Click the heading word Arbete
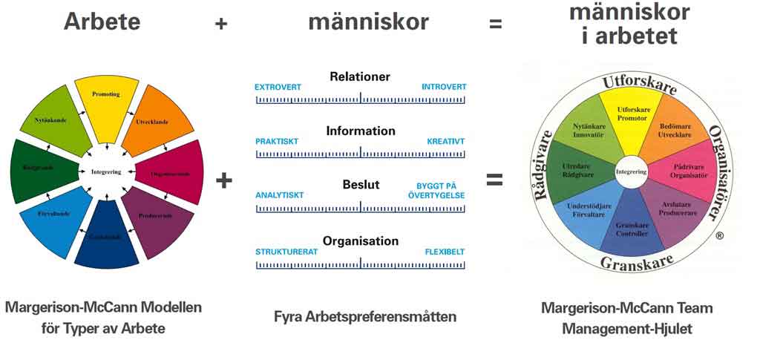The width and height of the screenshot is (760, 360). [x=102, y=22]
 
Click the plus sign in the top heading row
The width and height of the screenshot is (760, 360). [x=220, y=24]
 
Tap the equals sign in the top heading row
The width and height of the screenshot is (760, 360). [x=495, y=24]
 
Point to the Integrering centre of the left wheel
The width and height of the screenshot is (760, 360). [x=106, y=172]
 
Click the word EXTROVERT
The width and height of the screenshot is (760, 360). [x=278, y=87]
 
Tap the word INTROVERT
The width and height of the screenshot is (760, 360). [x=444, y=87]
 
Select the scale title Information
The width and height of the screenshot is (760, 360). [x=361, y=131]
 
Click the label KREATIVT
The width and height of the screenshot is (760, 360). [x=445, y=141]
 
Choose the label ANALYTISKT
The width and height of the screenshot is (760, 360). [x=280, y=195]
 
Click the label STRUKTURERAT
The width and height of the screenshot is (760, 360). [x=286, y=252]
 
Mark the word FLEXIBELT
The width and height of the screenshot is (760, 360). [x=445, y=252]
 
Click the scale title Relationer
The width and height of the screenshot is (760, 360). [x=360, y=76]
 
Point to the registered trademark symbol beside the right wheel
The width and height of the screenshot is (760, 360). [x=719, y=236]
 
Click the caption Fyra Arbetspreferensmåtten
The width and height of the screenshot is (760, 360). [x=365, y=317]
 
